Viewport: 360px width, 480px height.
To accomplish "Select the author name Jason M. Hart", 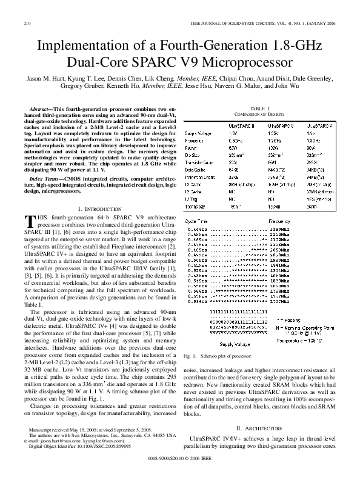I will (x=45, y=79).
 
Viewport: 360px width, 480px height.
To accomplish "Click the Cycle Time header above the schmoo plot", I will (x=196, y=222).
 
